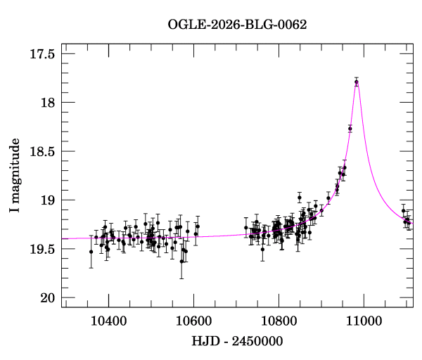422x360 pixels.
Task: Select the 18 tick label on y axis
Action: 49,103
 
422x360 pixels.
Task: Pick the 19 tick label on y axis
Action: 49,200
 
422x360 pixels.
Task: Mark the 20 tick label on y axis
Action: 49,298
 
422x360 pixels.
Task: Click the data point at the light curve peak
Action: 357,82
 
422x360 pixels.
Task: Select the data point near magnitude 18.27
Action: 350,129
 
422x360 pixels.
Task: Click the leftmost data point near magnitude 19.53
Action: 91,252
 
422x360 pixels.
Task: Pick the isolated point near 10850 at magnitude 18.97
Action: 299,198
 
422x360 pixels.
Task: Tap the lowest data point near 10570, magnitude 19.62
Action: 181,261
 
